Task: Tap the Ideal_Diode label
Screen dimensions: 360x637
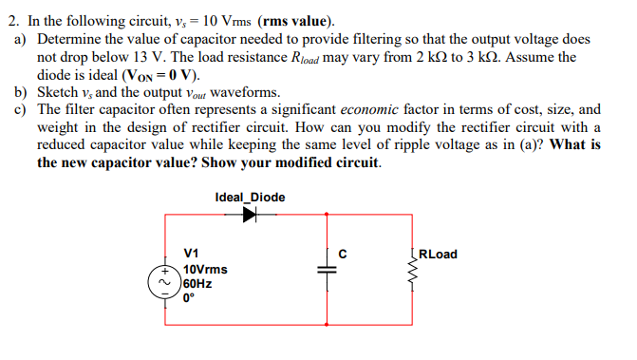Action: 250,198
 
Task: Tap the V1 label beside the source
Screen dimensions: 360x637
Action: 191,254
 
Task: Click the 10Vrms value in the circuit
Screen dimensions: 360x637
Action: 205,269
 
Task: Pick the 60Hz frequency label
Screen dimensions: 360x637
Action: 197,282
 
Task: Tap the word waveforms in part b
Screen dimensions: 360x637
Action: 248,92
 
